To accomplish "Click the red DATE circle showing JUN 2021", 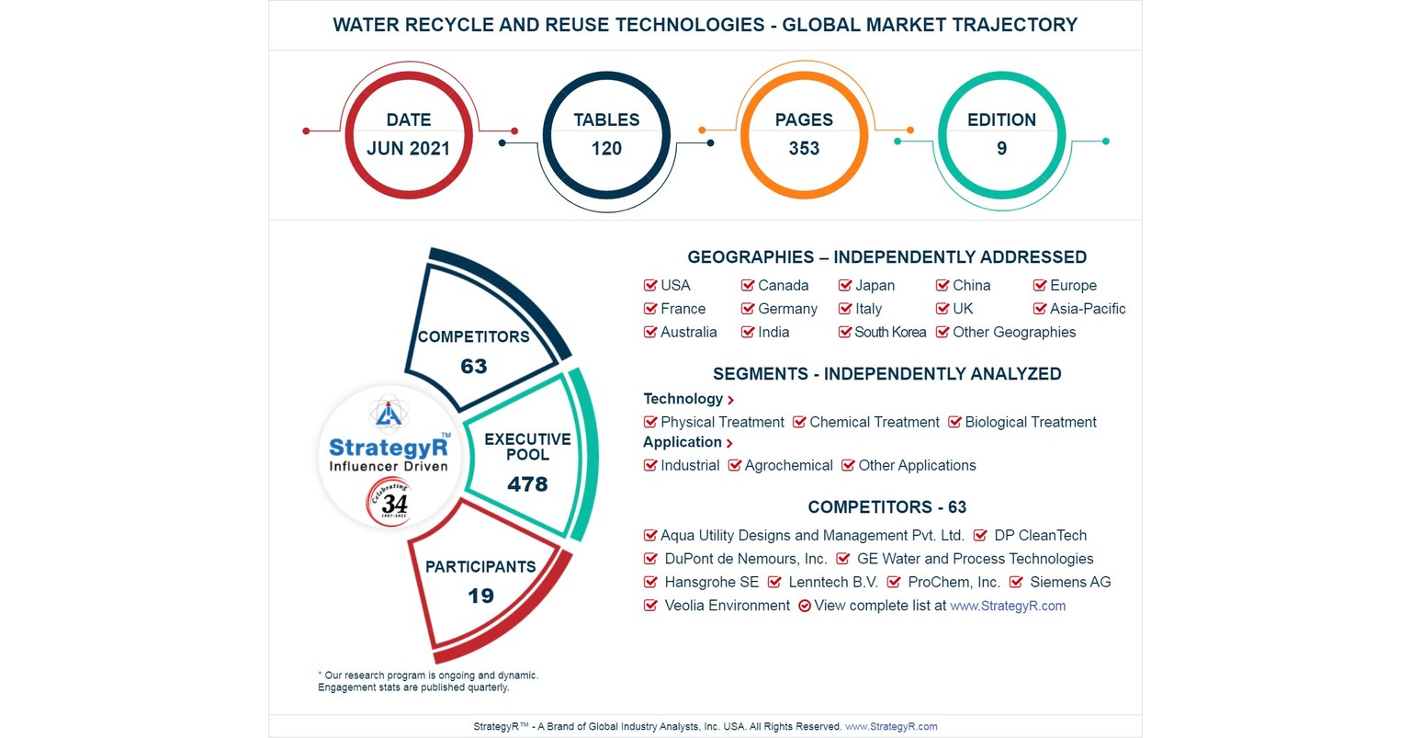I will (408, 134).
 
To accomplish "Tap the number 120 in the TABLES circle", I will (606, 149).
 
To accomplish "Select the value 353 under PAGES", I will (804, 149).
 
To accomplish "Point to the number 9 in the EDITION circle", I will (1001, 149).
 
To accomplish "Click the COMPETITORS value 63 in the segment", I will (473, 367).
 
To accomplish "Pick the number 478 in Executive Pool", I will (527, 484).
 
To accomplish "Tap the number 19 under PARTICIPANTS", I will (480, 596).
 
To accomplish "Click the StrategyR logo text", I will (389, 448).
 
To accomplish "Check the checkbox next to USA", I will (650, 286).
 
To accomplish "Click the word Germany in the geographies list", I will (787, 309).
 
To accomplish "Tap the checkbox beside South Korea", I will (845, 333).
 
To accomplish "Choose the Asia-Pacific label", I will (1087, 309).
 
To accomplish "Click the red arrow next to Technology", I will (730, 400).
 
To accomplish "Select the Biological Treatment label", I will (1030, 423).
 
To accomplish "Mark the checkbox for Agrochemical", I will (735, 466).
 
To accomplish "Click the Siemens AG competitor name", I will (1070, 583).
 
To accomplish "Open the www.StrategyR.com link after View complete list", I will (1008, 607).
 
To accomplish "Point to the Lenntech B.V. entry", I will (832, 583).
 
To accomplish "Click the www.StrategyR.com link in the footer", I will (891, 727).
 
